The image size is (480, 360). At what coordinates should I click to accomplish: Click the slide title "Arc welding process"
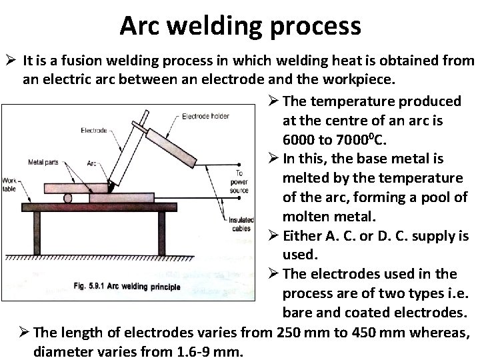pos(240,26)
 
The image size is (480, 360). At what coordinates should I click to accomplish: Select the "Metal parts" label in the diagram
pos(43,162)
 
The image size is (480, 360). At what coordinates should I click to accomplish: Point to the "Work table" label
pos(11,185)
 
